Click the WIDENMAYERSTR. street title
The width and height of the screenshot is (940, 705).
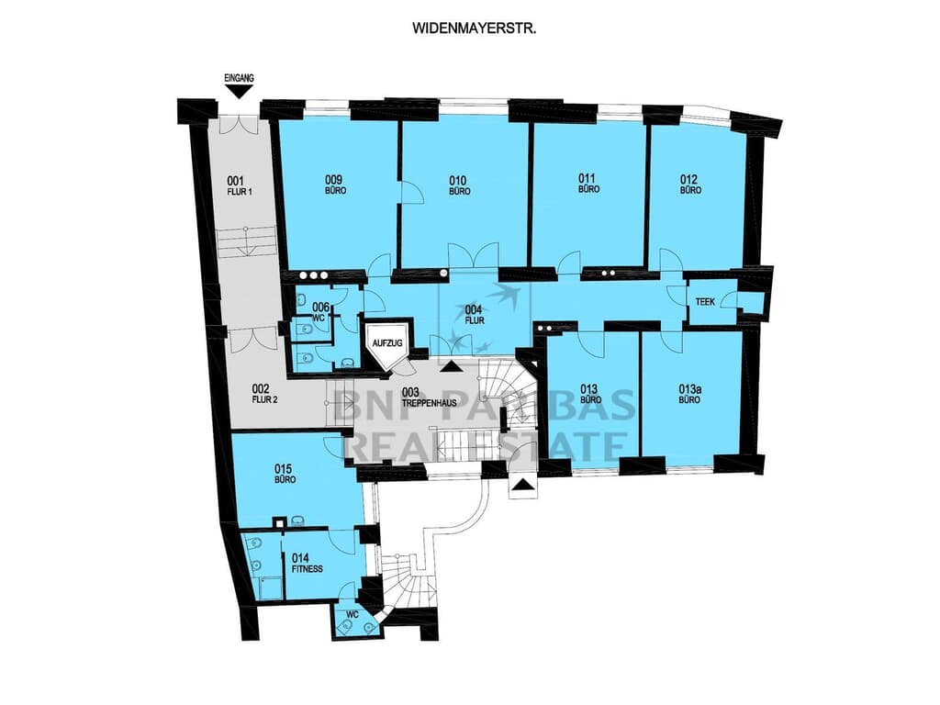pyautogui.click(x=475, y=28)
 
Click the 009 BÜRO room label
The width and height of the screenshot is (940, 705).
pyautogui.click(x=335, y=185)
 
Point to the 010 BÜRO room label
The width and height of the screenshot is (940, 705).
pyautogui.click(x=460, y=185)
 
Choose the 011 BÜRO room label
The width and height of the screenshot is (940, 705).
pyautogui.click(x=588, y=183)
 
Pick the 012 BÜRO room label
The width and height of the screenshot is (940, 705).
pyautogui.click(x=690, y=185)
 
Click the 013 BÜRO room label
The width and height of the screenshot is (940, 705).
pyautogui.click(x=590, y=393)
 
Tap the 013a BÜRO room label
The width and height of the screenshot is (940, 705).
pyautogui.click(x=690, y=393)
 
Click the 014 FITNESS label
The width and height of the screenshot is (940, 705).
pyautogui.click(x=308, y=562)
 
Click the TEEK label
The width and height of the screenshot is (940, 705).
pyautogui.click(x=706, y=300)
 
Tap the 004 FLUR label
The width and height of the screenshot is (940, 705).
pyautogui.click(x=474, y=315)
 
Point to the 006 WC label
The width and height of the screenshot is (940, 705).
pyautogui.click(x=320, y=312)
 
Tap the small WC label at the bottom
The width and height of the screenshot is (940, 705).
pyautogui.click(x=351, y=613)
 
